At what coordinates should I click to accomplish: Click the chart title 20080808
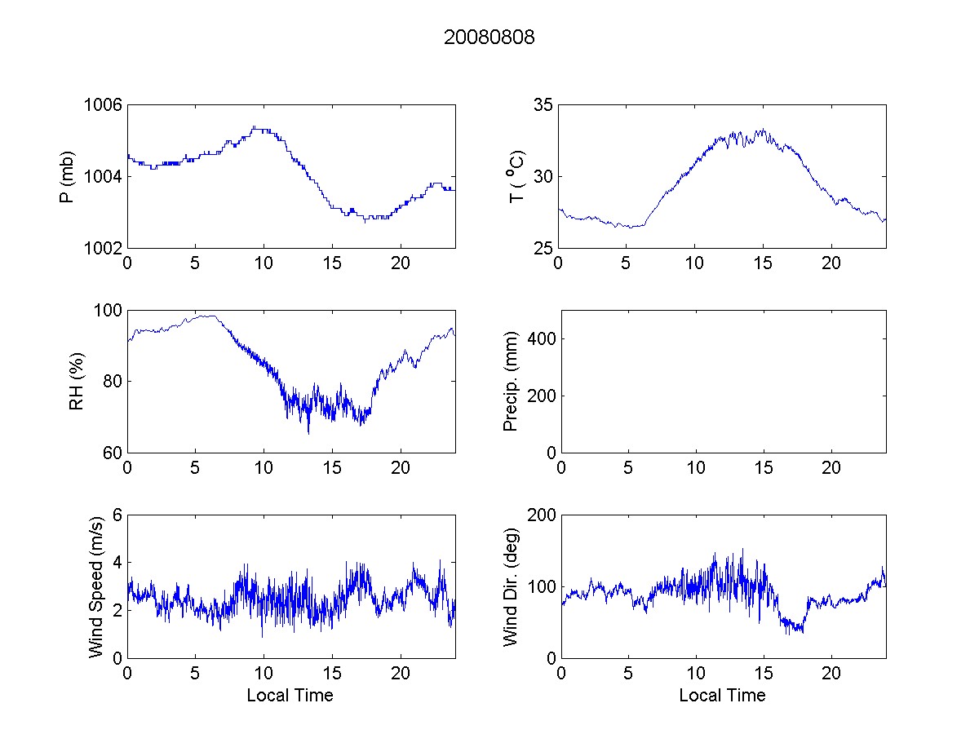pos(489,38)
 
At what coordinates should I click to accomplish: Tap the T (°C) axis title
pos(516,176)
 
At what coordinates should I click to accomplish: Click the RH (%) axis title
pos(76,381)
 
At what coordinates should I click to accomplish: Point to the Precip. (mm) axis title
pos(511,381)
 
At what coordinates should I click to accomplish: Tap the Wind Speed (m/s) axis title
pos(96,586)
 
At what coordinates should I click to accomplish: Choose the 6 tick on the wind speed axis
pos(117,515)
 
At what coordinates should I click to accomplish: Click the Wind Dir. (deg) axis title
pos(511,586)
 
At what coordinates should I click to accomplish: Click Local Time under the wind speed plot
pos(290,695)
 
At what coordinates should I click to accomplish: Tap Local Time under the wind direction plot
pos(722,695)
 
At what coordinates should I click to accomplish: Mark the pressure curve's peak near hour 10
pos(256,127)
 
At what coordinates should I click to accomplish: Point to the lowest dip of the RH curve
pos(308,433)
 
